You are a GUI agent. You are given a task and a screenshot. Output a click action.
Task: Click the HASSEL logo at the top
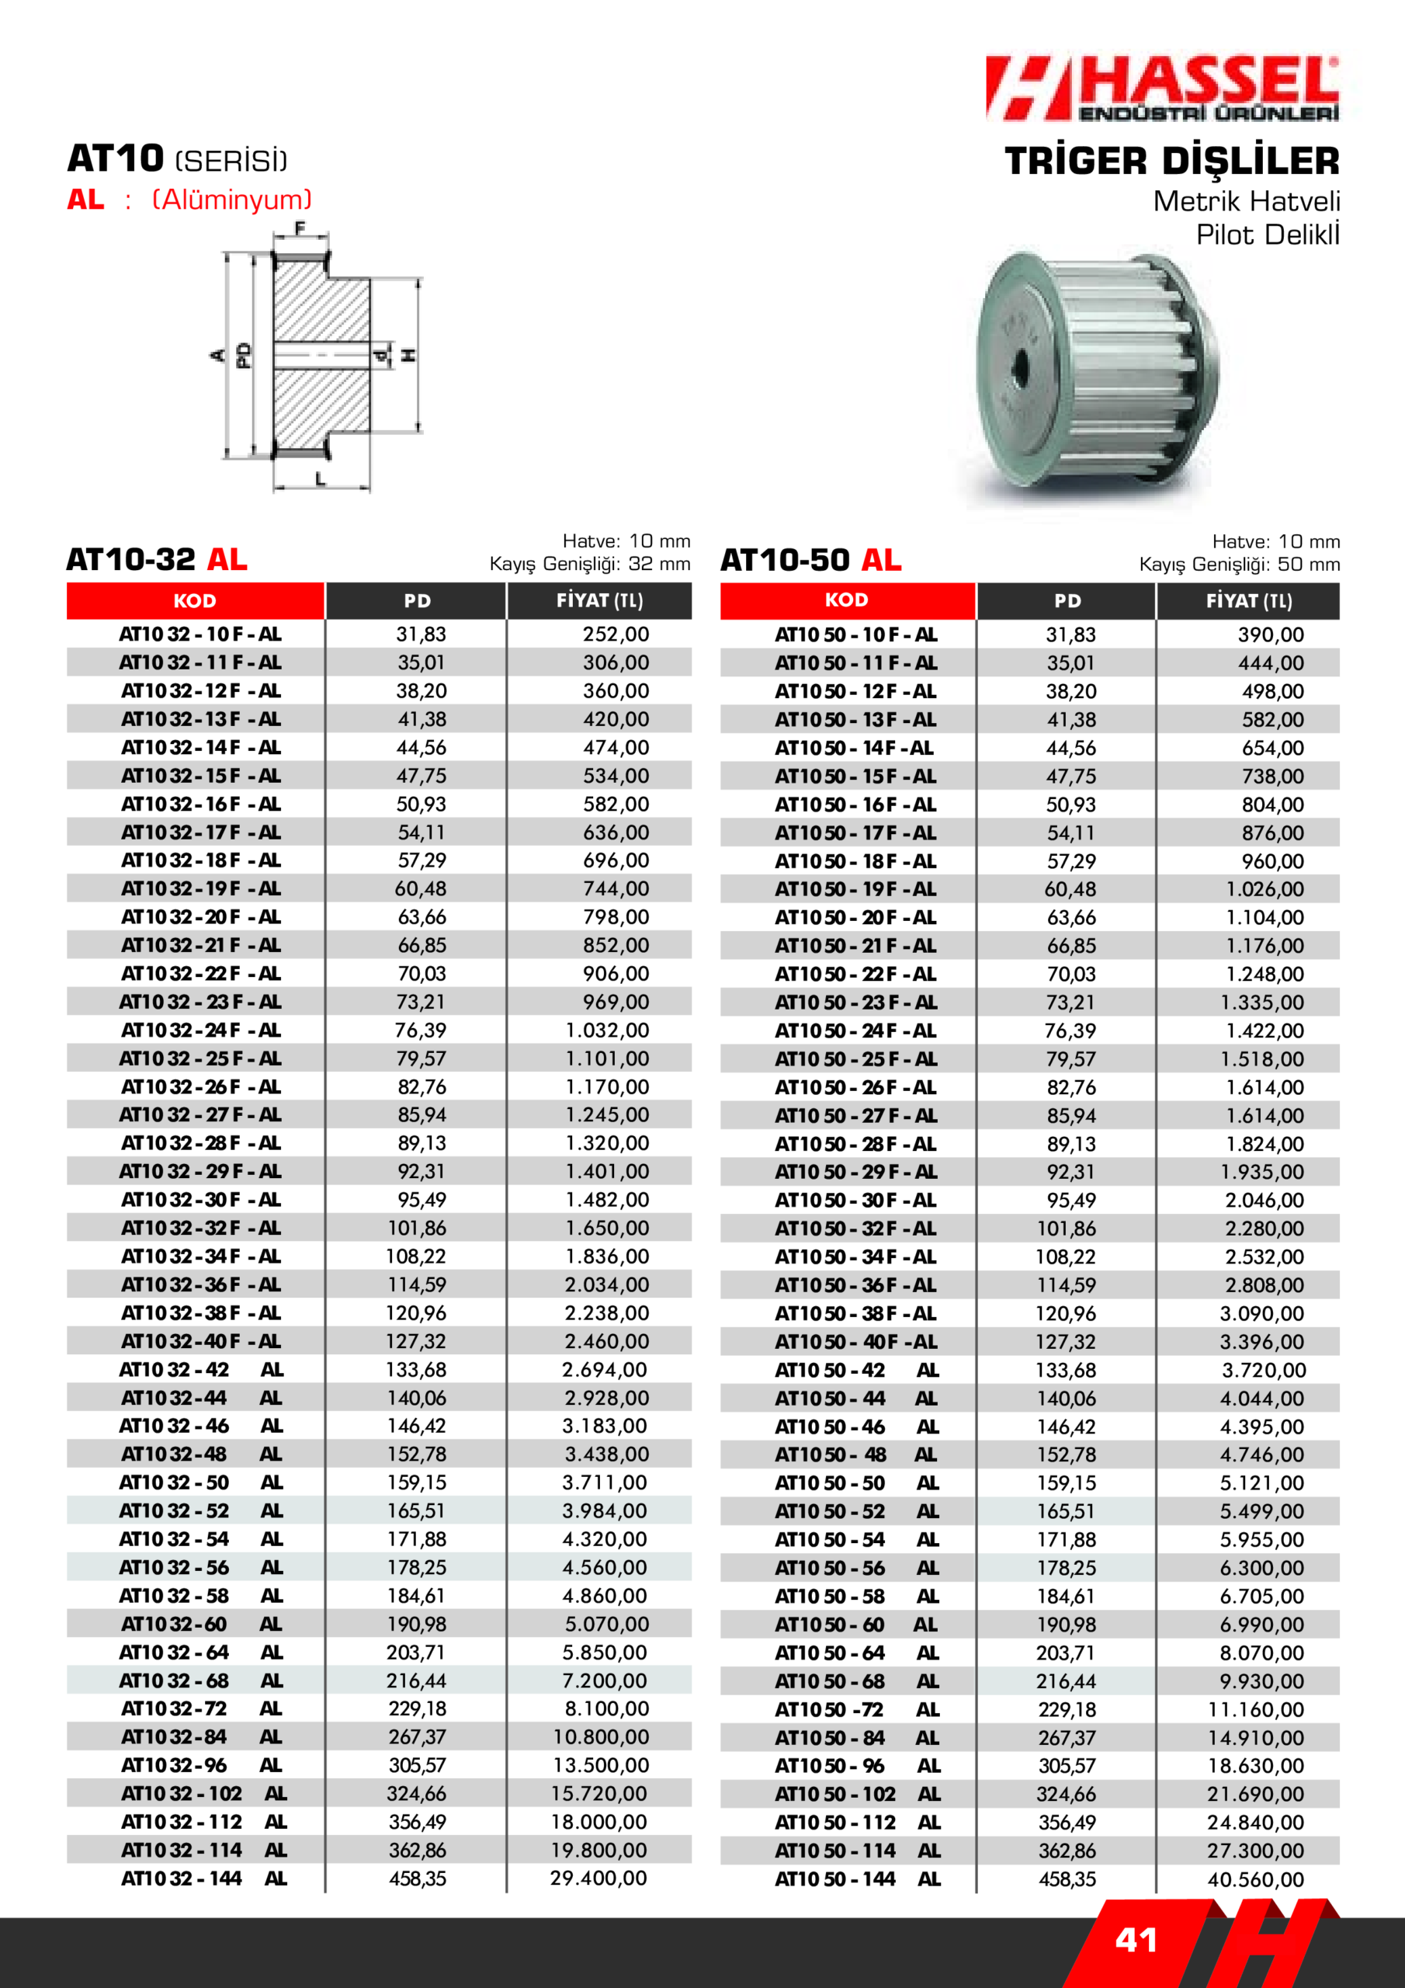(x=1162, y=89)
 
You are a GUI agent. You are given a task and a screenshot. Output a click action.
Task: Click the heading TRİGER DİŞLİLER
(x=1171, y=162)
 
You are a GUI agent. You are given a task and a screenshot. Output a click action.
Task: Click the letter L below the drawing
(x=321, y=479)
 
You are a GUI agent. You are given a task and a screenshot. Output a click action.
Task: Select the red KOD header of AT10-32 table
(x=195, y=601)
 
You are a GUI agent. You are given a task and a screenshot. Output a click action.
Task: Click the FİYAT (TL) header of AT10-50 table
(x=1248, y=601)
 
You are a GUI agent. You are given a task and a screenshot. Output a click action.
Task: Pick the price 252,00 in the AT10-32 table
(x=616, y=634)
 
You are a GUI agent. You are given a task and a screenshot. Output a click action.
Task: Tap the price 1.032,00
(x=607, y=1030)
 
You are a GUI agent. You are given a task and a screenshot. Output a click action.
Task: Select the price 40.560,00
(x=1255, y=1880)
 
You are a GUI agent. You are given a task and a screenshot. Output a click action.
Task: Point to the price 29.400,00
(x=598, y=1878)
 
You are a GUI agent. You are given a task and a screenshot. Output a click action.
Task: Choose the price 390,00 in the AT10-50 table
(x=1270, y=634)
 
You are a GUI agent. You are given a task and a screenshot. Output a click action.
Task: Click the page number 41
(x=1136, y=1941)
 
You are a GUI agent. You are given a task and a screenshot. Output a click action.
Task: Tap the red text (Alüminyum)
(x=232, y=200)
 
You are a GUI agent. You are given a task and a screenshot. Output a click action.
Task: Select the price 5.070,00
(x=607, y=1625)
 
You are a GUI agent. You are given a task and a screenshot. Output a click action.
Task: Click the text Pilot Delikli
(x=1268, y=235)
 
